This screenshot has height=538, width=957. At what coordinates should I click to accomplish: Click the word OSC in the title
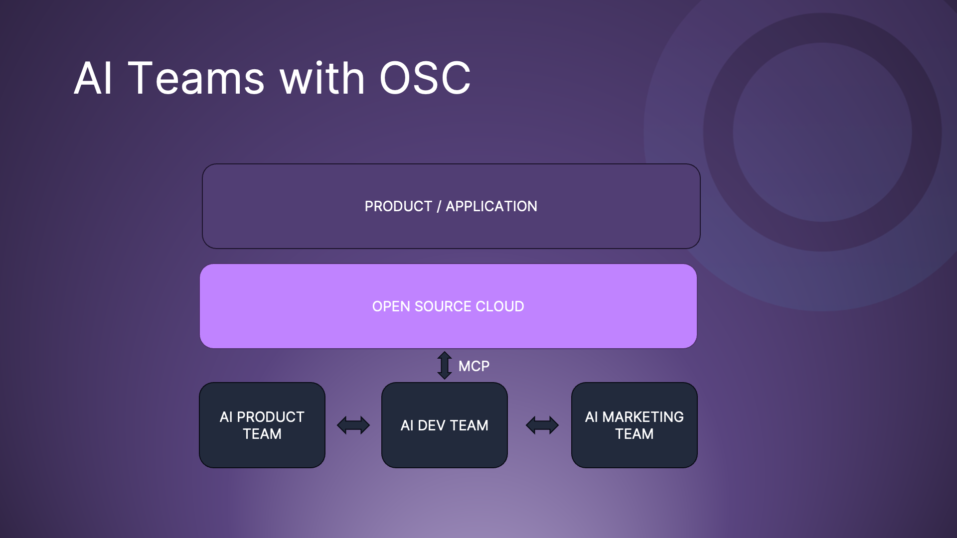pos(425,78)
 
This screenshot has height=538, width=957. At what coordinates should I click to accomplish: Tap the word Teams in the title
pos(196,78)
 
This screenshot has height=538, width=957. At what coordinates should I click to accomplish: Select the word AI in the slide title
pos(93,78)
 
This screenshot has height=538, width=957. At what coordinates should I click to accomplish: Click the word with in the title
pos(322,78)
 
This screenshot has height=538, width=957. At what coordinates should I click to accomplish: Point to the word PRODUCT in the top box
pos(398,206)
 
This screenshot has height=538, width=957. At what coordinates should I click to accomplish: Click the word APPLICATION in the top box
pos(491,206)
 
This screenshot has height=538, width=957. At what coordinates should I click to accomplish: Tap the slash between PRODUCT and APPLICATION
pos(439,207)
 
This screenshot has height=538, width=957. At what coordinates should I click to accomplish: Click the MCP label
pos(474,366)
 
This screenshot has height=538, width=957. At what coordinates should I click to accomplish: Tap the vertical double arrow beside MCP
pos(445,365)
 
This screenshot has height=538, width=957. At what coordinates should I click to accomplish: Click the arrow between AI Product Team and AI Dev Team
pos(353,425)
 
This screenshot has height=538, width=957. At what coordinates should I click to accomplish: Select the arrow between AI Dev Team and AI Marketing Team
pos(542,425)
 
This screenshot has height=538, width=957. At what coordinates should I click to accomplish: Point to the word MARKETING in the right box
pos(642,417)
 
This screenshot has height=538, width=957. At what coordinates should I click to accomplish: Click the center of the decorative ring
pos(822,132)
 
